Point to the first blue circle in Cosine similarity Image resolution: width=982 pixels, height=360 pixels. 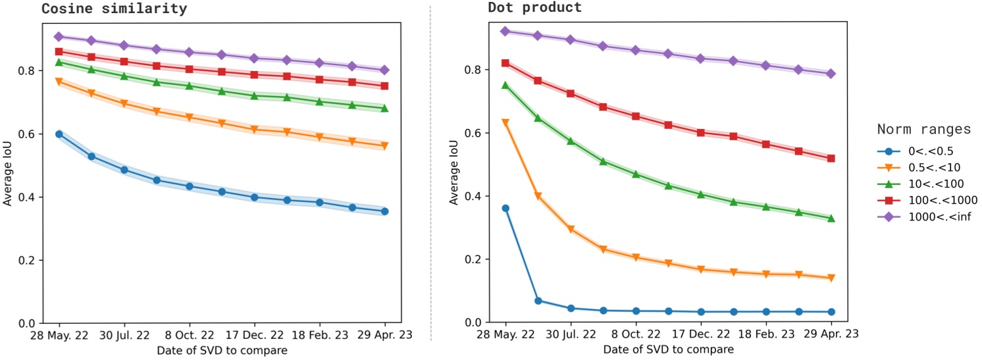coord(59,134)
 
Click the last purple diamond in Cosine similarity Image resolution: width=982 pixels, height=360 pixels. coord(385,70)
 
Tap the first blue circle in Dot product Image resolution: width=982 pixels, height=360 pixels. coord(505,208)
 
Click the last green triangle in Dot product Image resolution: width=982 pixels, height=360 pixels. coord(831,218)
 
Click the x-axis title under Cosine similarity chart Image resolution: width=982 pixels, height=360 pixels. coord(222,350)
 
